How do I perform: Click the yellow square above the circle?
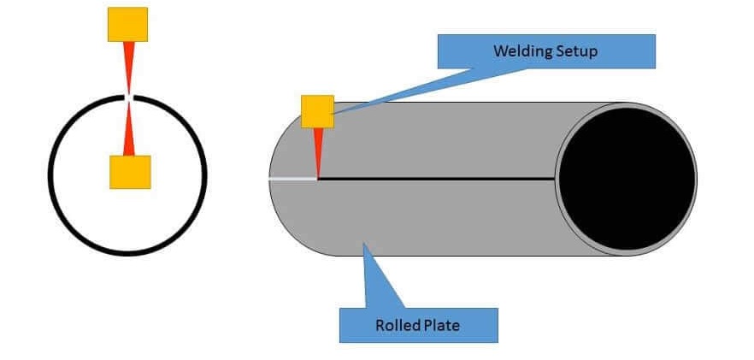[x=127, y=25]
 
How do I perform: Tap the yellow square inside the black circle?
[x=130, y=172]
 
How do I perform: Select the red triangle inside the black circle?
[x=128, y=128]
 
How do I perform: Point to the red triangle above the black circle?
[x=128, y=68]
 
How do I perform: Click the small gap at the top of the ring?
[x=128, y=97]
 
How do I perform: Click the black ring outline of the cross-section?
[x=49, y=175]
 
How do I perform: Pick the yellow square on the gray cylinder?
[x=317, y=112]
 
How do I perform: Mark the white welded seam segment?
[x=292, y=179]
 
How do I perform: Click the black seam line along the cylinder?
[x=436, y=179]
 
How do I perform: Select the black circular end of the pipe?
[x=627, y=179]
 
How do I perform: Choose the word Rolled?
[x=395, y=325]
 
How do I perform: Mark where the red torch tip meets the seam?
[x=317, y=178]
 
